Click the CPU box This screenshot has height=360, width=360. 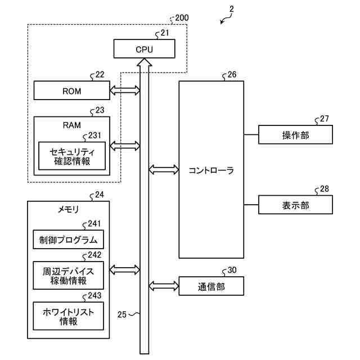(144, 48)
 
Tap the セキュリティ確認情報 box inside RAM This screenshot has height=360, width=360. (71, 156)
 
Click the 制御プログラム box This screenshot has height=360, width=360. (69, 240)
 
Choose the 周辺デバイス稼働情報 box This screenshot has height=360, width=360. (69, 276)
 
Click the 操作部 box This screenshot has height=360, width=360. (295, 135)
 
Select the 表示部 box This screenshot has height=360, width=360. (295, 205)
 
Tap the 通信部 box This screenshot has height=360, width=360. (211, 286)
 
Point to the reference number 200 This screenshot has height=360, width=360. (182, 17)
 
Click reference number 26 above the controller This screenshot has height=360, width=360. (232, 75)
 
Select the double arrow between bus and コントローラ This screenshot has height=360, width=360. (164, 169)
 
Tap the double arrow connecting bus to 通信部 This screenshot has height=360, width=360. (164, 286)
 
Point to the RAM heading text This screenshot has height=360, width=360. (72, 124)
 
